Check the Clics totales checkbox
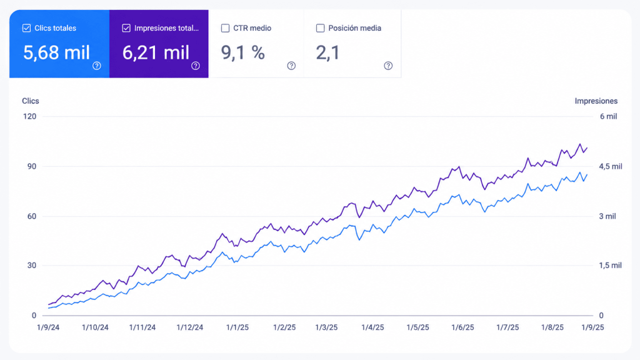[26, 28]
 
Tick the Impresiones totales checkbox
[126, 28]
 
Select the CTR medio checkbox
[225, 28]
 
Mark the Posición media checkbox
[321, 28]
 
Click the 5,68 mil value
[56, 52]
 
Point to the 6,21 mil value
[156, 52]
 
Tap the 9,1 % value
[243, 52]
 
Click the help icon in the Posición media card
[388, 66]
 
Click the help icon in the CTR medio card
[291, 66]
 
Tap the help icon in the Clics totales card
[97, 66]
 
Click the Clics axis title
[31, 101]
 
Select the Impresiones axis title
[596, 101]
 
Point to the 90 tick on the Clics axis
[32, 166]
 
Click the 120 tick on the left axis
[30, 116]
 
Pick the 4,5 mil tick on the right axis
[611, 166]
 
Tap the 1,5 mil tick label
[611, 265]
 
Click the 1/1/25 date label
[237, 327]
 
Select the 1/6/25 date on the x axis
[463, 327]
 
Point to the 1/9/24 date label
[48, 327]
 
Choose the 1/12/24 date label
[190, 327]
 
